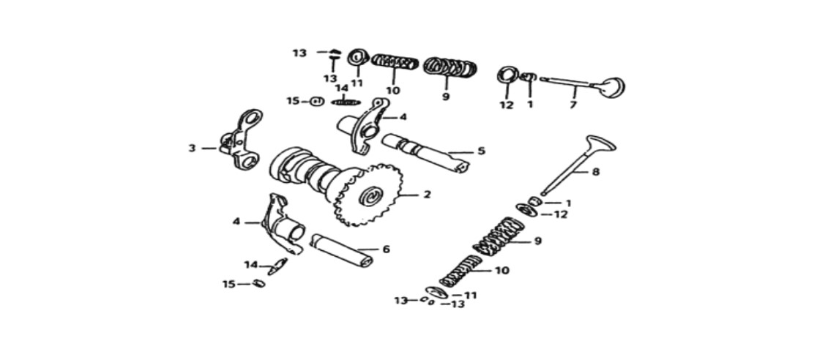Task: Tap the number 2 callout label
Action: click(428, 195)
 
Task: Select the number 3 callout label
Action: click(193, 149)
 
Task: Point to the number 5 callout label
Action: click(481, 151)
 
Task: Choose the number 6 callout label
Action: click(386, 250)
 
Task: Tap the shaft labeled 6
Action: click(342, 250)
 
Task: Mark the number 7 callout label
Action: click(572, 105)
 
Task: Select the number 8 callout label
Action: click(596, 171)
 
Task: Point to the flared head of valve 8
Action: click(600, 144)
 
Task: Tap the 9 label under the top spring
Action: click(446, 97)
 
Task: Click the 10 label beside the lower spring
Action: click(503, 271)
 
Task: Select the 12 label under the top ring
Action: click(507, 105)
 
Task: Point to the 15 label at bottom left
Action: click(229, 285)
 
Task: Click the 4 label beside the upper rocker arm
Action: click(403, 117)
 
